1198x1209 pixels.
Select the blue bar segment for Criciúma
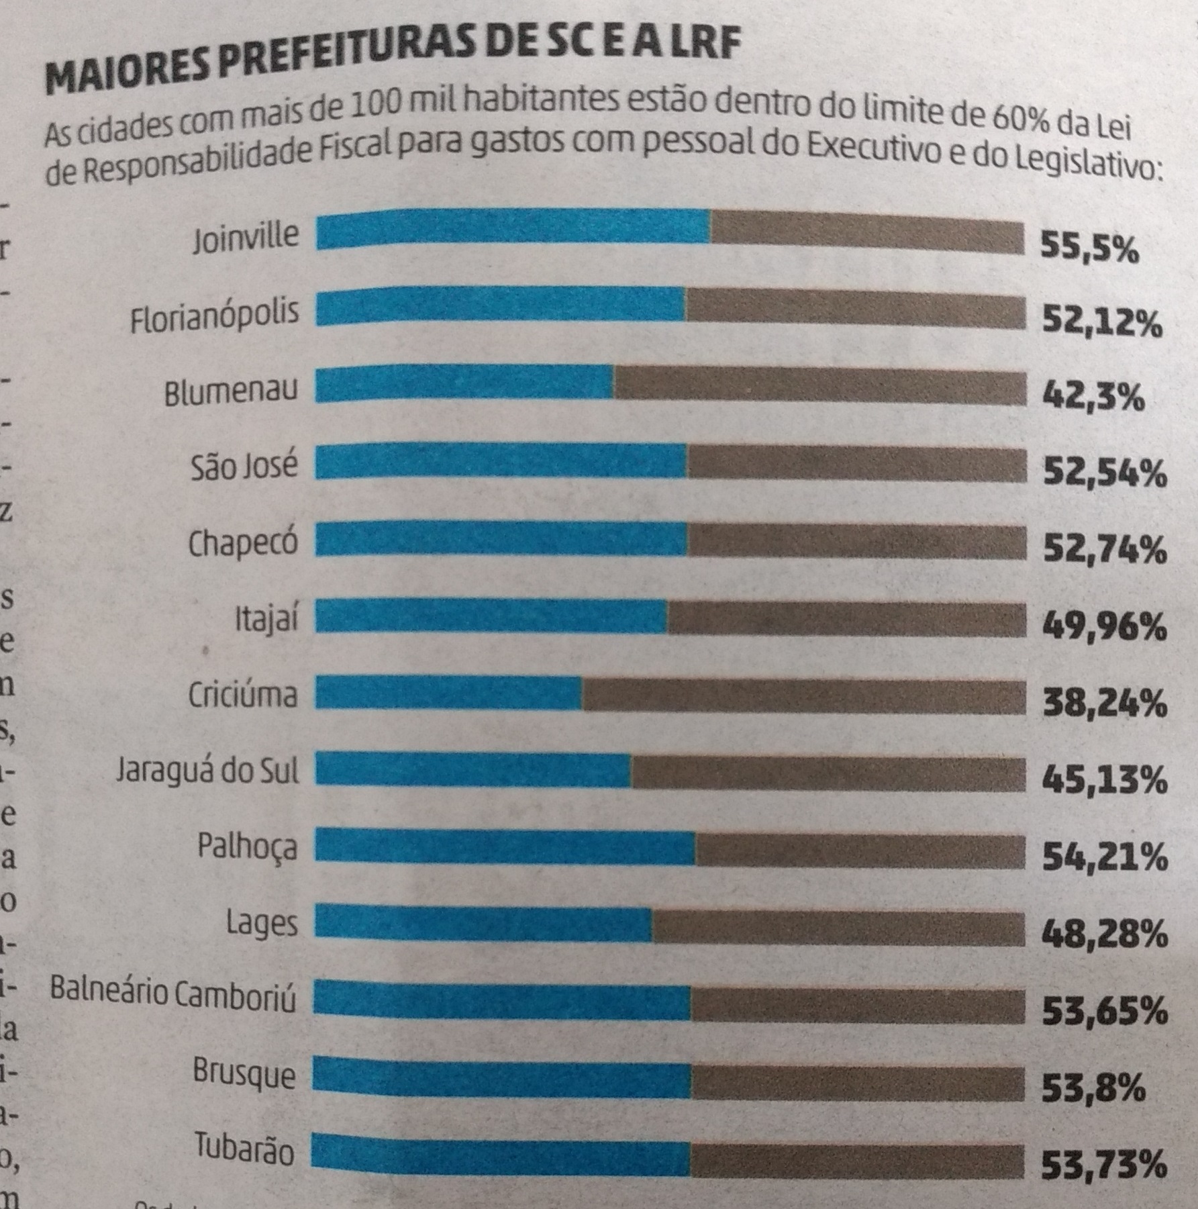pos(448,692)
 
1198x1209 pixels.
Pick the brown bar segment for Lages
pos(839,927)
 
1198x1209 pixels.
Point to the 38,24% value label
pos(1103,704)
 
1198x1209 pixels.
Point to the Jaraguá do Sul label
pos(207,771)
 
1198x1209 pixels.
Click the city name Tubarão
pos(244,1150)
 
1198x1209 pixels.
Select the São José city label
pos(244,465)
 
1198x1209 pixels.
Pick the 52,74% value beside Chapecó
pos(1103,551)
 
